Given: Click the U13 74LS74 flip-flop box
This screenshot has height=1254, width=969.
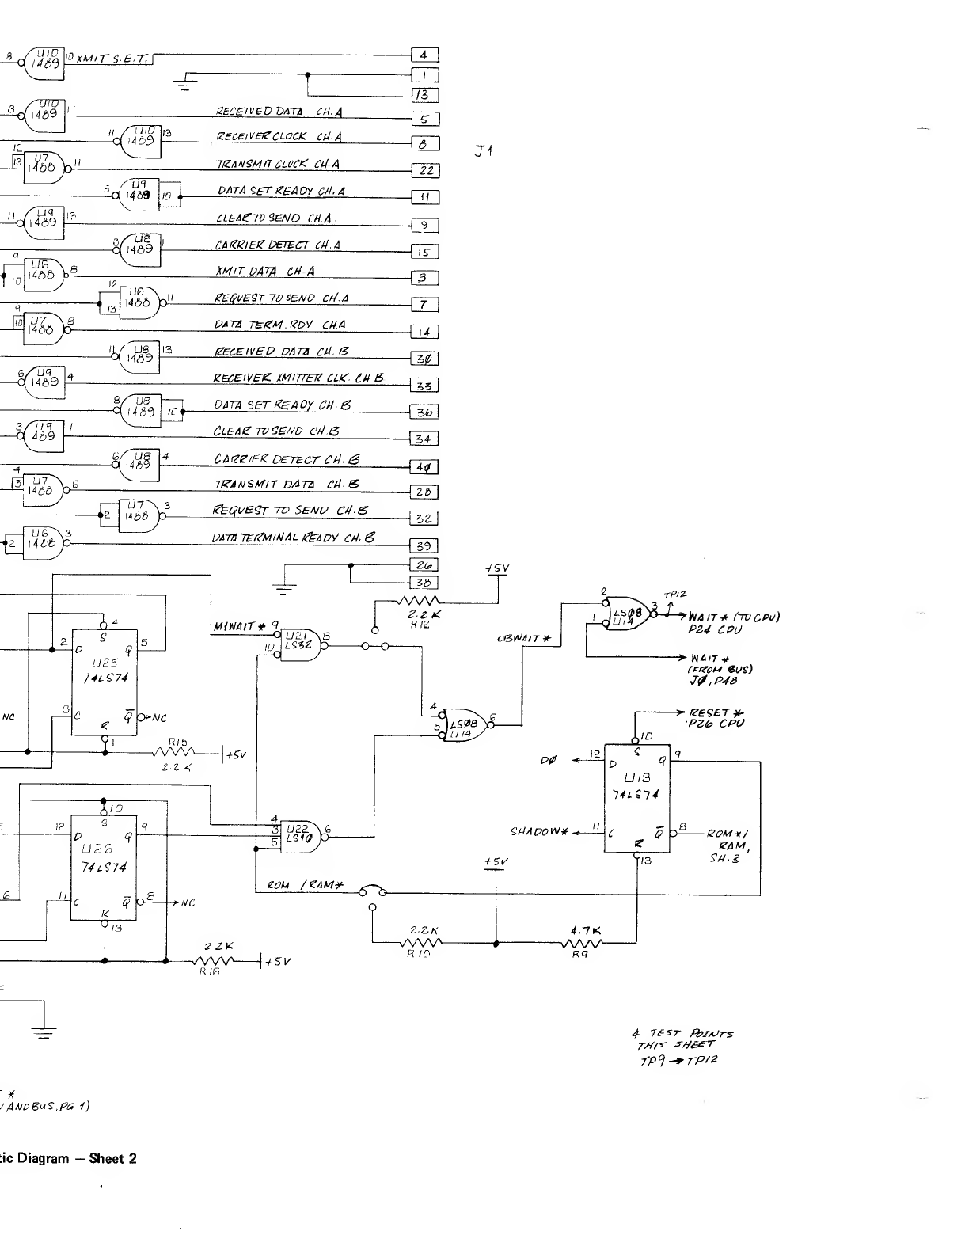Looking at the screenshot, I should [637, 798].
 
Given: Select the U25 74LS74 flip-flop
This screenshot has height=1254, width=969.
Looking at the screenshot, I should [104, 682].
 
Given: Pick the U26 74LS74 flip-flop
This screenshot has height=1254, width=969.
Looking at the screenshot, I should [104, 868].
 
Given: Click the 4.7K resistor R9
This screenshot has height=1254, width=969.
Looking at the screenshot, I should [582, 942].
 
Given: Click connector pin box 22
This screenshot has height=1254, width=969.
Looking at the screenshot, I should [425, 171].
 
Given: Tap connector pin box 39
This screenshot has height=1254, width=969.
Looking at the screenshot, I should [424, 546].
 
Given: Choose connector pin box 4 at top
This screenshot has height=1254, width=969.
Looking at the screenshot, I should [424, 55].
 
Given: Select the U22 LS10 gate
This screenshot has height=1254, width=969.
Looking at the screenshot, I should [301, 833].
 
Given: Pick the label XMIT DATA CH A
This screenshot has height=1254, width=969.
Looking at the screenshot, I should [264, 272].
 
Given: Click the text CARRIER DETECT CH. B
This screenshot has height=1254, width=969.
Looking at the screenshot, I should [288, 458].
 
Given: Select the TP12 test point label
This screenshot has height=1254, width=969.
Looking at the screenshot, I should [675, 594].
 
